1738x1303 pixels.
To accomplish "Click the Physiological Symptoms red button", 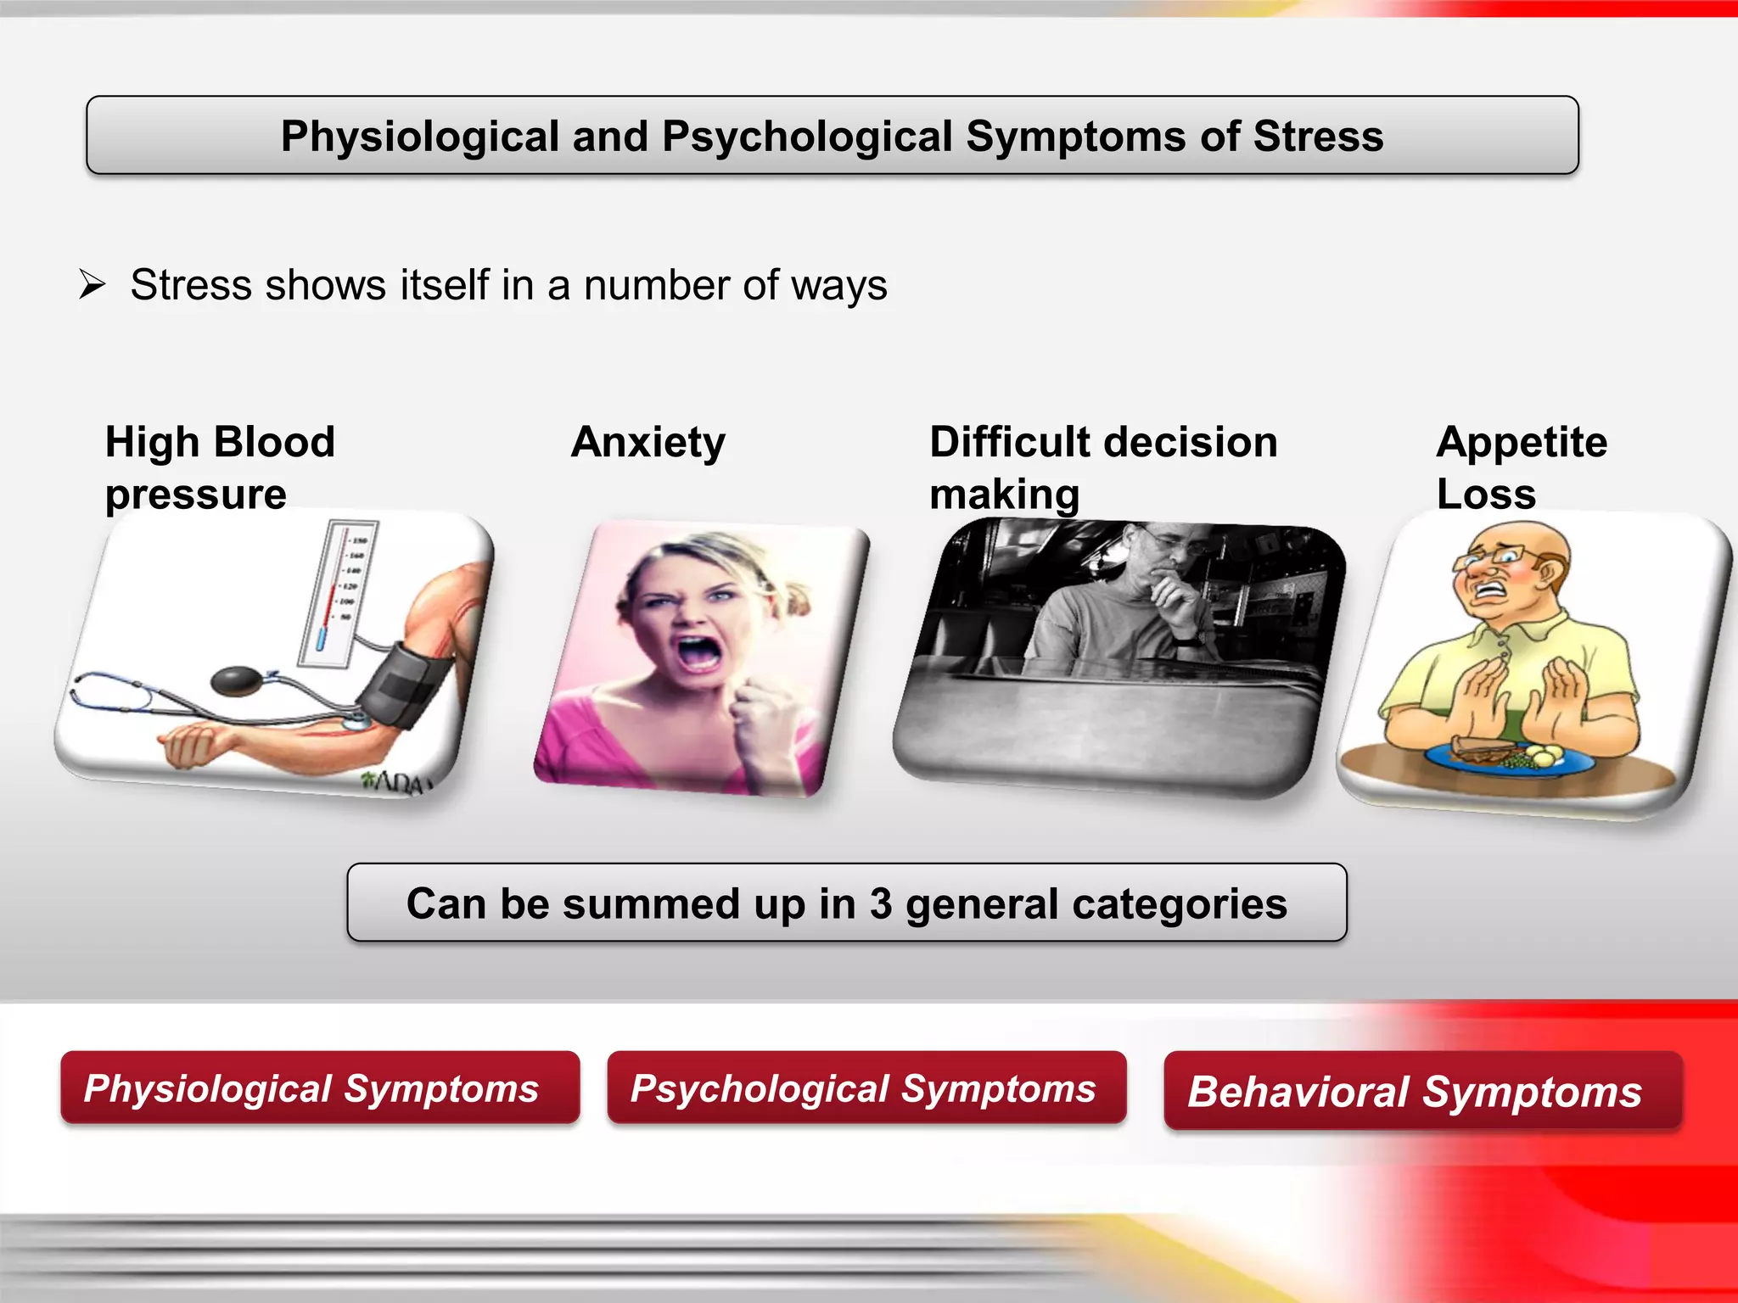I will click(319, 1088).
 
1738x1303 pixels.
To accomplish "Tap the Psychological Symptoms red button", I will click(866, 1088).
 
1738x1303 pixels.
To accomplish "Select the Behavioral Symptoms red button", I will click(1421, 1091).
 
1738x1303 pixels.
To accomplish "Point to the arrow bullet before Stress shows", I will click(92, 284).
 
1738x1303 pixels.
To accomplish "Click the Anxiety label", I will click(648, 442).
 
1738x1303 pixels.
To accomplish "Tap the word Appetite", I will click(1522, 442).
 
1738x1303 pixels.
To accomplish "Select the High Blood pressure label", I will click(219, 467).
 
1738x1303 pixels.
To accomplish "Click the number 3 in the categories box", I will click(881, 903).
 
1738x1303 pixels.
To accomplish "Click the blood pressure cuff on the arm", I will click(406, 683).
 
